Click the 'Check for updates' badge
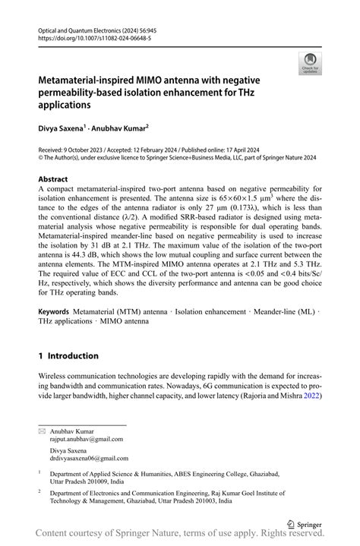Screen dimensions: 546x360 coord(310,65)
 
